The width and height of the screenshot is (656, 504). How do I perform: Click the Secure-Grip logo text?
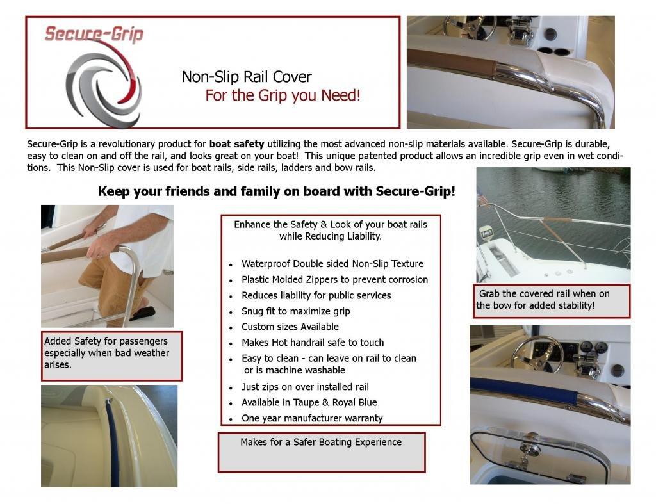pos(94,33)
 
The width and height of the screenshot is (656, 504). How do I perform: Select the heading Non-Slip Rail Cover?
pos(247,77)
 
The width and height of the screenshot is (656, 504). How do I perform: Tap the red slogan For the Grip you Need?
pos(283,95)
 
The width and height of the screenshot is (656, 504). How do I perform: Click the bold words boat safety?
pos(237,144)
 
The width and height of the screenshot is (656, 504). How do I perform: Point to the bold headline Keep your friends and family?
pos(277,191)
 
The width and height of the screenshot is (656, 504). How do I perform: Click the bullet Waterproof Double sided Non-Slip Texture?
pos(332,263)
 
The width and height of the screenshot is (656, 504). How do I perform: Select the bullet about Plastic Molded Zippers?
pos(334,279)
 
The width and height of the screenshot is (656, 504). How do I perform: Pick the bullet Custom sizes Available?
pos(290,327)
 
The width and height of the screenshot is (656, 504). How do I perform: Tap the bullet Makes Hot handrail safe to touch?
pos(313,343)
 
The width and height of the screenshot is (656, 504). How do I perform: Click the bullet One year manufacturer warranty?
pos(312,418)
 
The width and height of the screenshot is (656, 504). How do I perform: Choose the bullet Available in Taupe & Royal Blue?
pos(309,402)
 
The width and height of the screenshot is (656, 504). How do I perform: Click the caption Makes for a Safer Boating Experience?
pos(321,442)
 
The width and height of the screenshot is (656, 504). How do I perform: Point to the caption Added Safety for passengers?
pos(107,353)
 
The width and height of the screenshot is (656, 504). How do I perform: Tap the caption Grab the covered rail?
pos(543,300)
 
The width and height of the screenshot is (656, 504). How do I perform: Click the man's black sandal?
pos(143,313)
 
